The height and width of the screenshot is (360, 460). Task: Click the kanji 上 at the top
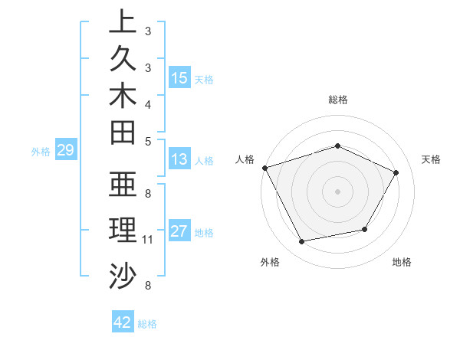pos(123,21)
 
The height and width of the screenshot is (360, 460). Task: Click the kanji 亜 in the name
pos(123,185)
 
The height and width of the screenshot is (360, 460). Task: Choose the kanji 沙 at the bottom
pos(123,274)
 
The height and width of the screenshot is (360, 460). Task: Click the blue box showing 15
pos(179,77)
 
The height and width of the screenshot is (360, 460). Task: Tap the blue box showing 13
pos(179,159)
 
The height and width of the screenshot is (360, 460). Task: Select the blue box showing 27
pos(179,231)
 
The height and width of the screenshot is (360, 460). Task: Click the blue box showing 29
pos(66,150)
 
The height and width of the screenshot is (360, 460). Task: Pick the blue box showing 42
pos(123,322)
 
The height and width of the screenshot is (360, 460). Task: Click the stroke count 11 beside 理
pos(148,240)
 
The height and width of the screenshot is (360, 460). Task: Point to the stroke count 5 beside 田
pos(148,141)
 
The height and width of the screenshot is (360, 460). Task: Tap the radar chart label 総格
pos(337,100)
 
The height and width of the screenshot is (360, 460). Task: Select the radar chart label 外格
pos(270,262)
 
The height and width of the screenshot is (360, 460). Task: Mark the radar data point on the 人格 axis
pos(264,168)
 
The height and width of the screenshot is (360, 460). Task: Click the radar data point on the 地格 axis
pos(365,229)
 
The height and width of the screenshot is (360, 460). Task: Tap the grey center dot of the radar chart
pos(337,191)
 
